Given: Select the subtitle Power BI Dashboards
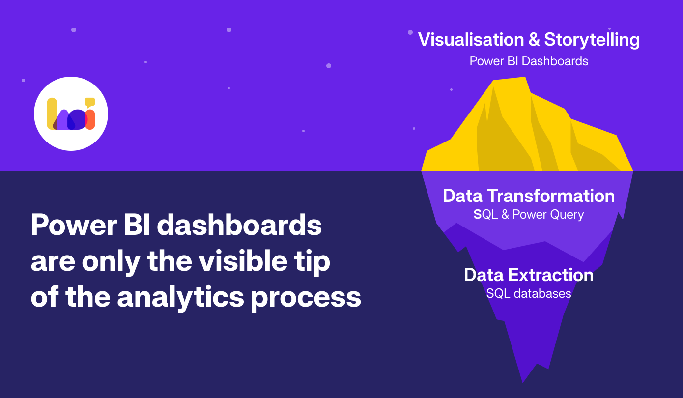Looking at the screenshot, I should [x=529, y=61].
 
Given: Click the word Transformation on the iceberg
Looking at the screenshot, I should [x=551, y=196].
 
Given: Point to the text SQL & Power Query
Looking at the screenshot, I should [x=529, y=215].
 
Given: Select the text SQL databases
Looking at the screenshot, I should [x=529, y=294].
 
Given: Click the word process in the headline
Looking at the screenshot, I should [x=306, y=298].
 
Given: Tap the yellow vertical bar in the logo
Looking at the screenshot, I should [x=52, y=114].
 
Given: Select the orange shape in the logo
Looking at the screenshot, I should [x=90, y=120].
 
